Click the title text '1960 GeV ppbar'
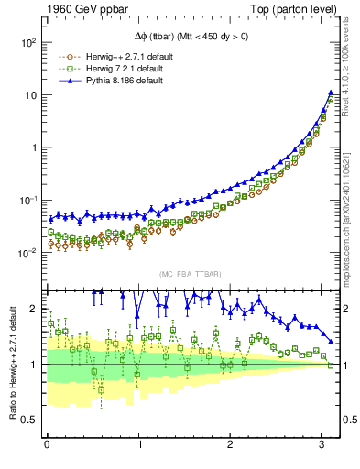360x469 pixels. (82, 10)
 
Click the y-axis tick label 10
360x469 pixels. (29, 95)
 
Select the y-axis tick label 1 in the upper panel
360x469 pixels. (33, 147)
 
